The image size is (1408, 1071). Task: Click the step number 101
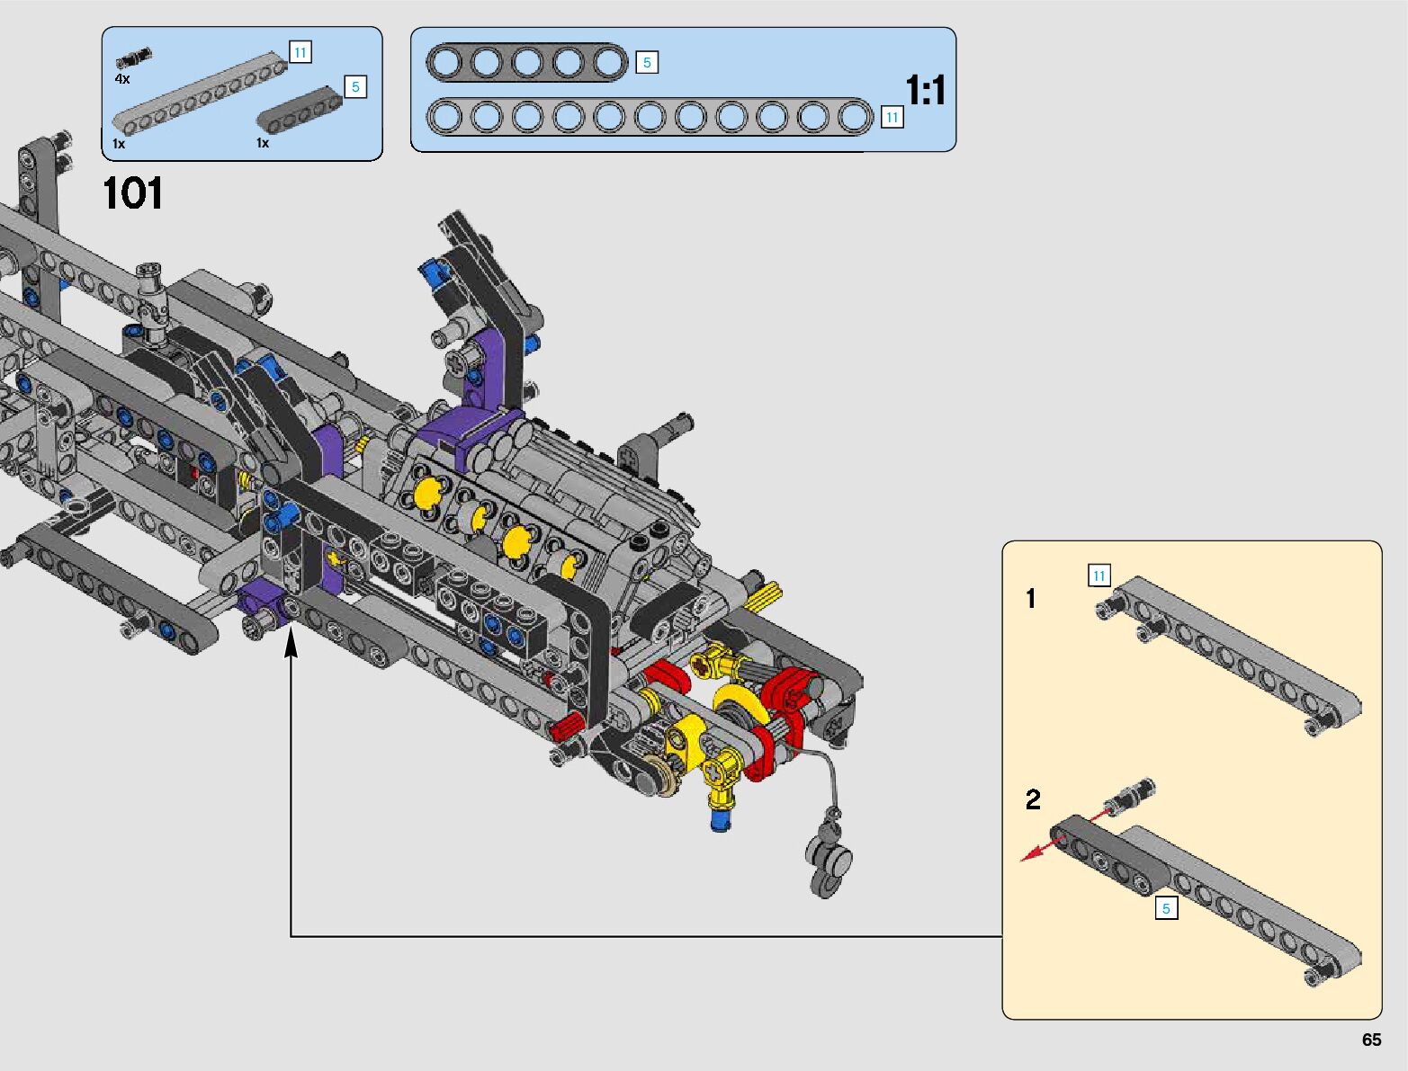tap(133, 193)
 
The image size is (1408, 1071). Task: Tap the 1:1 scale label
tap(925, 90)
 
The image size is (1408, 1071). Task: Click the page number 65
tap(1371, 1040)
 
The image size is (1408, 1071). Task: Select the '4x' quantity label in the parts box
tap(121, 79)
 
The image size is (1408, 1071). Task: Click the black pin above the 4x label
tap(133, 57)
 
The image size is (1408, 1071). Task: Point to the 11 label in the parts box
tap(300, 52)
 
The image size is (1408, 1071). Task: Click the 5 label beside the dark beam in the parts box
tap(355, 86)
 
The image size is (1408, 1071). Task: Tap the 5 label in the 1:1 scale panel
tap(647, 62)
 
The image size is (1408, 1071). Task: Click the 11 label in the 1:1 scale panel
tap(892, 117)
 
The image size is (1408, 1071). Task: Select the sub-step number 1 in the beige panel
tap(1031, 599)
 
